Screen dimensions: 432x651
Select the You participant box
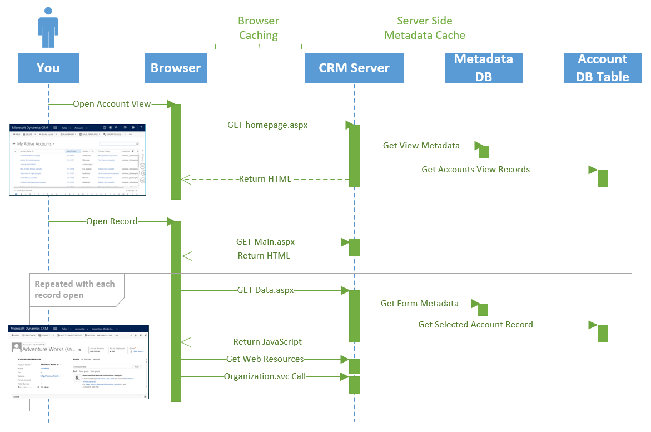(x=48, y=68)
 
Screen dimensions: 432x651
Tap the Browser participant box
(x=176, y=68)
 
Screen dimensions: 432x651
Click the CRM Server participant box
(x=354, y=68)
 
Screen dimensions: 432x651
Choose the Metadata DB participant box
(x=484, y=68)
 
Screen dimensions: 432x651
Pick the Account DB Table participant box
(x=603, y=68)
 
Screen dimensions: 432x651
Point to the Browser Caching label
(x=259, y=28)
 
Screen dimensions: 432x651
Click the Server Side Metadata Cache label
(x=425, y=28)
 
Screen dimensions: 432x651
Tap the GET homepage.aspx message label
(x=267, y=125)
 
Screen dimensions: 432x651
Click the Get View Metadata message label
(x=421, y=146)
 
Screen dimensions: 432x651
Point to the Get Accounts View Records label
(x=476, y=169)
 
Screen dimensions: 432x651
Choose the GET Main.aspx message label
(x=265, y=242)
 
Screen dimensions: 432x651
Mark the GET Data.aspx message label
(x=265, y=290)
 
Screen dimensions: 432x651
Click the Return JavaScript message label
(x=267, y=342)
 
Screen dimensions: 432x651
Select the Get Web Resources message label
(x=265, y=359)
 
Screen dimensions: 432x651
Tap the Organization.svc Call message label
(x=265, y=376)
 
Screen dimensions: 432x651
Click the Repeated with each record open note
(x=74, y=289)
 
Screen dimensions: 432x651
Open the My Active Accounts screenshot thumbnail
(x=78, y=160)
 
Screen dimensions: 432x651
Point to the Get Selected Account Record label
(x=476, y=325)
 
